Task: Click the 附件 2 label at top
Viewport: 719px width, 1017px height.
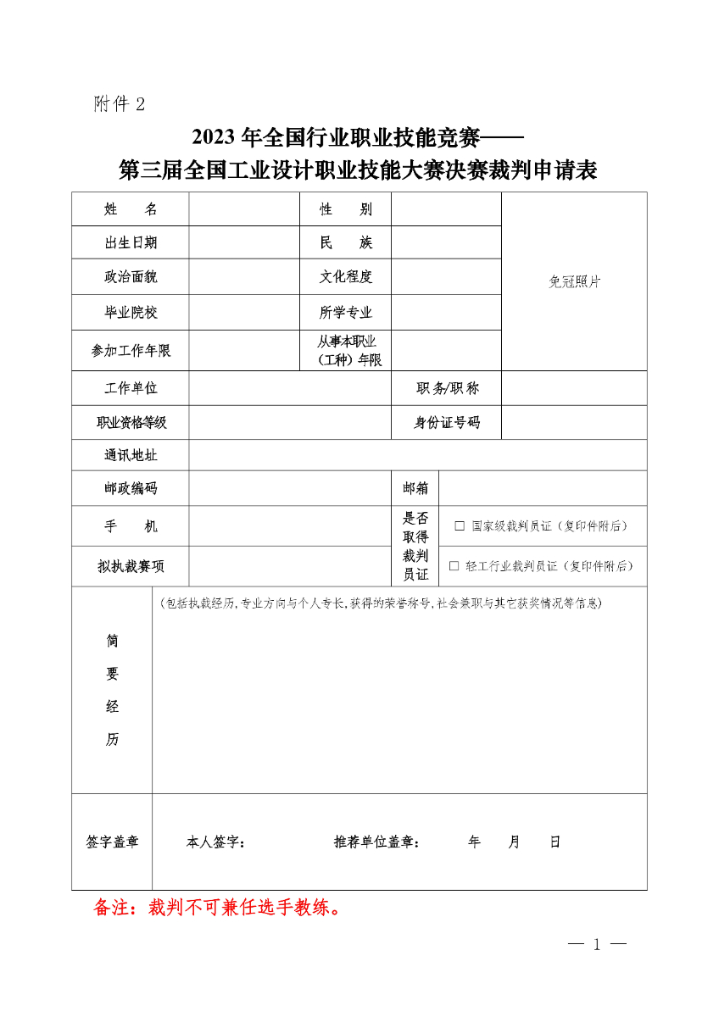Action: tap(120, 104)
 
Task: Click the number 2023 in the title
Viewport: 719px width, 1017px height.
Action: tap(215, 136)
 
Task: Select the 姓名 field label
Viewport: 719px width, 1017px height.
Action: tap(131, 209)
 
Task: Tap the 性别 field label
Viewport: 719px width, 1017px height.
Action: tap(345, 209)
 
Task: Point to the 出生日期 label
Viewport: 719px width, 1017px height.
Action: tap(131, 242)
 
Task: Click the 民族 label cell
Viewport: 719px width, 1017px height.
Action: tap(345, 242)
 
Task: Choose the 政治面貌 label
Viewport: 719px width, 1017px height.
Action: tap(131, 277)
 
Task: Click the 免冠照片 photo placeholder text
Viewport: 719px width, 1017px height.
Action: tap(574, 282)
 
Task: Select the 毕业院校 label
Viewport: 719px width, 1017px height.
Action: tap(131, 313)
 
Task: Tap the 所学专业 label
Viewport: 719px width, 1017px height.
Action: tap(345, 313)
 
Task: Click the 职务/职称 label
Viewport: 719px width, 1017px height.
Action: tap(447, 389)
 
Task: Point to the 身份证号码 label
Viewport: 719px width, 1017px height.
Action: tap(447, 422)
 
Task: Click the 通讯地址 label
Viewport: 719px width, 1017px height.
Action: tap(131, 455)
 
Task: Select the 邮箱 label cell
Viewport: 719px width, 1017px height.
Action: tap(415, 488)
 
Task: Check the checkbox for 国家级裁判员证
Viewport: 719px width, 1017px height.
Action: tap(460, 526)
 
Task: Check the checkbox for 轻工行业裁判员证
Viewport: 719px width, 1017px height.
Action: tap(454, 566)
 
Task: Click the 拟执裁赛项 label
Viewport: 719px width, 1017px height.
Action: tap(131, 566)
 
